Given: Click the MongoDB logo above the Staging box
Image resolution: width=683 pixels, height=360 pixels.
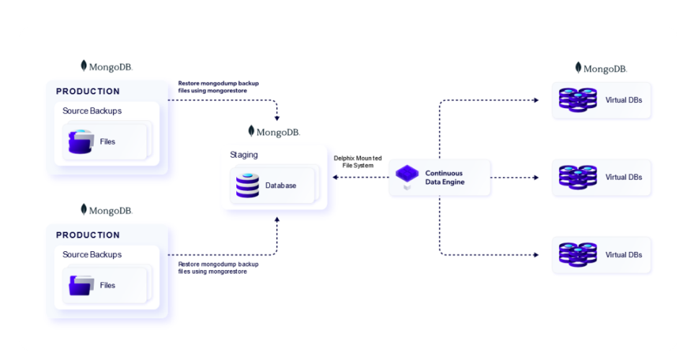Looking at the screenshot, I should pyautogui.click(x=274, y=132).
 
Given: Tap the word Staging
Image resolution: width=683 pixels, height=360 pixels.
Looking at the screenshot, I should pyautogui.click(x=244, y=155).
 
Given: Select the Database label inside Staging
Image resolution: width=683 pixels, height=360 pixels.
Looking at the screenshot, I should pyautogui.click(x=280, y=185).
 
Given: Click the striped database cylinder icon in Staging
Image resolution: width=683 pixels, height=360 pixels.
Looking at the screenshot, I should pyautogui.click(x=247, y=185).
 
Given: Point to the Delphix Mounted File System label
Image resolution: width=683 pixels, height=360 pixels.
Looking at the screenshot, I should pyautogui.click(x=357, y=161).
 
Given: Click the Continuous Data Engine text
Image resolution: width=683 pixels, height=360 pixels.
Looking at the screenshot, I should pyautogui.click(x=445, y=177).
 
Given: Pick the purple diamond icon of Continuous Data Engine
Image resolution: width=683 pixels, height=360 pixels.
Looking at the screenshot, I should pyautogui.click(x=407, y=174).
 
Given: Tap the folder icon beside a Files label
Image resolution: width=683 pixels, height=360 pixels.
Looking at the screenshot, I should pyautogui.click(x=81, y=285).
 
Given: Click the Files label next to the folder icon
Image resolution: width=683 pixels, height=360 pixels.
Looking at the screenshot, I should pyautogui.click(x=107, y=285).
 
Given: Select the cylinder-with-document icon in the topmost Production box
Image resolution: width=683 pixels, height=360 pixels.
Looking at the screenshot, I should pyautogui.click(x=81, y=142).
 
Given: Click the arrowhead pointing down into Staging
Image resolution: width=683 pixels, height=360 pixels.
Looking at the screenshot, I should pyautogui.click(x=277, y=119).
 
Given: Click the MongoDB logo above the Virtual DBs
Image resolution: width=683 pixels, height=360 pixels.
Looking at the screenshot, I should pyautogui.click(x=601, y=68).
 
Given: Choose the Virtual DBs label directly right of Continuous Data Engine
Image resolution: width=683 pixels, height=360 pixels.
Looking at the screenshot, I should pyautogui.click(x=623, y=177).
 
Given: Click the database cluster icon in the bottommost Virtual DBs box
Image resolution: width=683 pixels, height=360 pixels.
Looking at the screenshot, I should pyautogui.click(x=578, y=254).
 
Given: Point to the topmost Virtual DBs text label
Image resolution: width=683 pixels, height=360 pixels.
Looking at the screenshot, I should pyautogui.click(x=623, y=99).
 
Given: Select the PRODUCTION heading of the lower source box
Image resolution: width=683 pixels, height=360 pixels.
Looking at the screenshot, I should pyautogui.click(x=88, y=235).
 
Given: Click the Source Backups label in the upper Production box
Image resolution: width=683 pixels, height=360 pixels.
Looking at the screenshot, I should pyautogui.click(x=92, y=111).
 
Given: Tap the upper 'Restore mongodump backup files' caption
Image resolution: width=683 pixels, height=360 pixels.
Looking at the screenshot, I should pyautogui.click(x=218, y=86).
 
